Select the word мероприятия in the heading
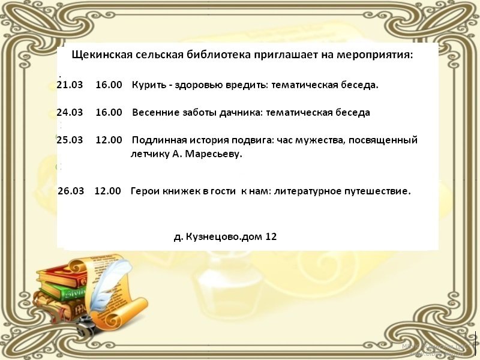click(374, 55)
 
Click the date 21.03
click(70, 85)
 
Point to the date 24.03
click(70, 112)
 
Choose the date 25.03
click(70, 140)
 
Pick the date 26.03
click(71, 191)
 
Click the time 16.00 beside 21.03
click(109, 85)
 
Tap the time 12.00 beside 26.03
click(108, 191)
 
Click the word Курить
click(149, 85)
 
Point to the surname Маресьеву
click(214, 154)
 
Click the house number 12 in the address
click(271, 236)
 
